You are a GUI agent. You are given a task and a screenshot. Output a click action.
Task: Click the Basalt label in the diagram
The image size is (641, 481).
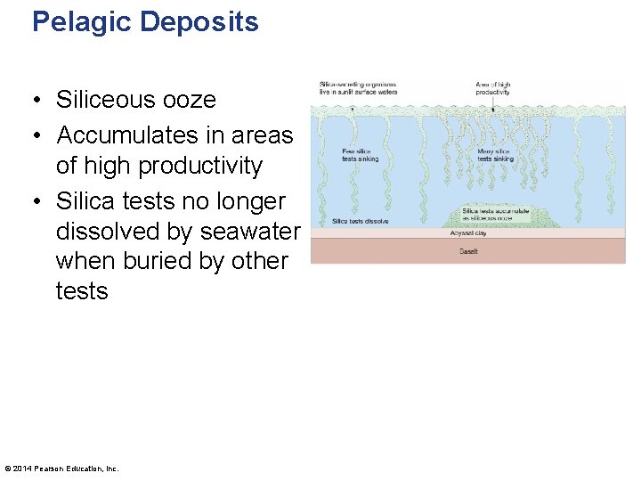(469, 252)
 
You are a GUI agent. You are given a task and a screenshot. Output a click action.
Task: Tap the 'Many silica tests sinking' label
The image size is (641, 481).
(497, 155)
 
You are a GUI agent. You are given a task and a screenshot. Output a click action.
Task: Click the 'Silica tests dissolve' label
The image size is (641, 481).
(360, 221)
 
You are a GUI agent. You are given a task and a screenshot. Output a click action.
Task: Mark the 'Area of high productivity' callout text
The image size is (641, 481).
(492, 88)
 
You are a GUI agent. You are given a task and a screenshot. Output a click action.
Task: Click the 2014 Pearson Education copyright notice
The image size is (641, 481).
(61, 469)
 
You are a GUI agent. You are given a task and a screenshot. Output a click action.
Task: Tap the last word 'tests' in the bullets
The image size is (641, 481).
(82, 292)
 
